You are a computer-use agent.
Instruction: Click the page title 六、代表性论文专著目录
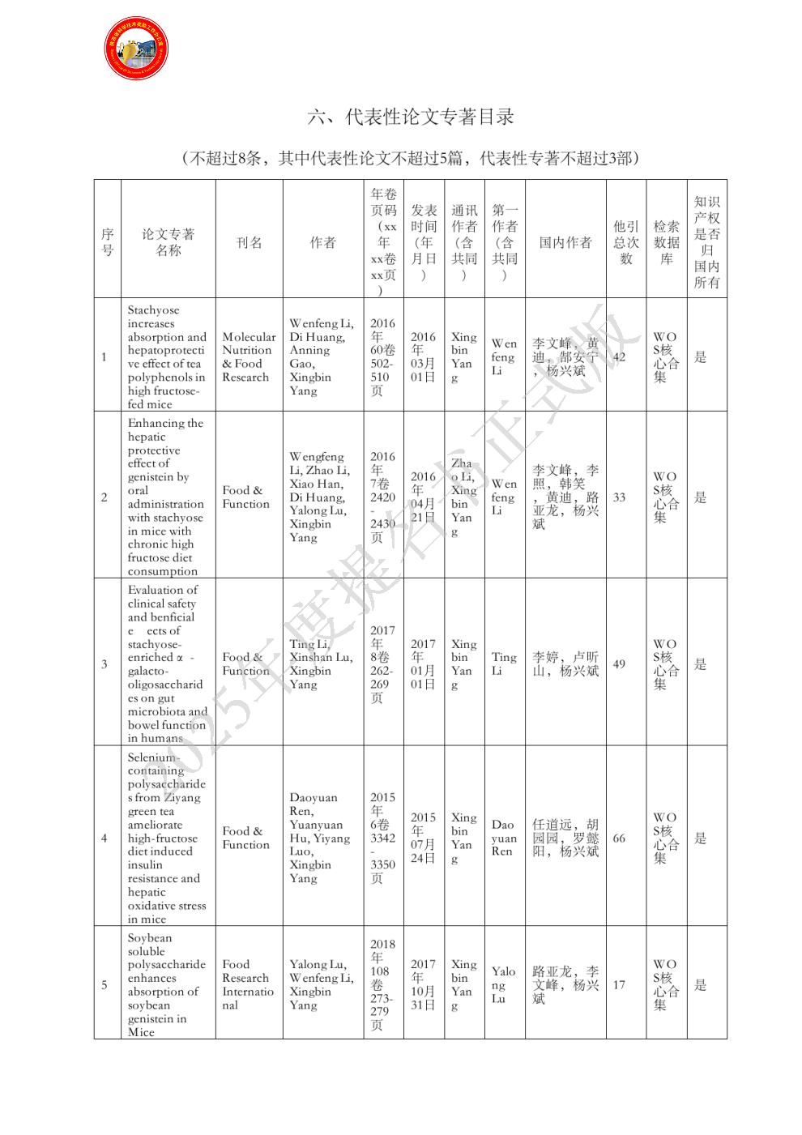[411, 117]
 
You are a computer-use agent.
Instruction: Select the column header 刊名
[249, 242]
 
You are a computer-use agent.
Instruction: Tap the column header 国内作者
[565, 242]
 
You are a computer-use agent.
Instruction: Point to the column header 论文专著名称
[168, 242]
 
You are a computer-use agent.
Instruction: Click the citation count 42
[619, 357]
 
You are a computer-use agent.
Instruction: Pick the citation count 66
[619, 838]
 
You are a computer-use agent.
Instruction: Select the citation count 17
[619, 985]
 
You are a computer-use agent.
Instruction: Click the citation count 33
[619, 497]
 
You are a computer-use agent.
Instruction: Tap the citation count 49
[619, 664]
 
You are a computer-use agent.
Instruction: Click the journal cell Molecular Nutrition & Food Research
[249, 357]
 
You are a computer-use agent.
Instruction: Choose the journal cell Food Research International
[248, 985]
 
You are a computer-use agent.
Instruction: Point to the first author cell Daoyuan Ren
[503, 838]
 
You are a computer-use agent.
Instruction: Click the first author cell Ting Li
[503, 664]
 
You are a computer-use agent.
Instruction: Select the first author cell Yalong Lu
[503, 985]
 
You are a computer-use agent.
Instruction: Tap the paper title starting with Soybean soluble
[166, 985]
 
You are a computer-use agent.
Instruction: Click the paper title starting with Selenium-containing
[166, 838]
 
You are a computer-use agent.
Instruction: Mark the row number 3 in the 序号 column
[104, 664]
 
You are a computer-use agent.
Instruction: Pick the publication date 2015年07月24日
[423, 838]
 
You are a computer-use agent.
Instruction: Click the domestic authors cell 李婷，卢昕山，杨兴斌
[565, 664]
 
